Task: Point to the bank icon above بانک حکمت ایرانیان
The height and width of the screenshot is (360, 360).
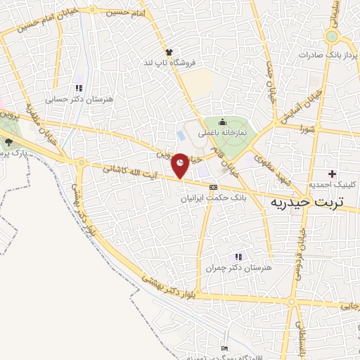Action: pyautogui.click(x=213, y=186)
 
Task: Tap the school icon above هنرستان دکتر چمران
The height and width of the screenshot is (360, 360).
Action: pyautogui.click(x=238, y=257)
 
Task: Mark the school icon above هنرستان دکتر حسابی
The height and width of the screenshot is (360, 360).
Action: pyautogui.click(x=78, y=88)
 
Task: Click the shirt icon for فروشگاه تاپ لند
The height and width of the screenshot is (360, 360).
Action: pyautogui.click(x=169, y=52)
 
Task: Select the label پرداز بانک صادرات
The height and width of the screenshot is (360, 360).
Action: pyautogui.click(x=327, y=54)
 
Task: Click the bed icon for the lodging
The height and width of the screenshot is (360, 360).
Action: pyautogui.click(x=224, y=349)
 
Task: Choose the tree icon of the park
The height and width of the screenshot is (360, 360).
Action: pyautogui.click(x=8, y=141)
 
